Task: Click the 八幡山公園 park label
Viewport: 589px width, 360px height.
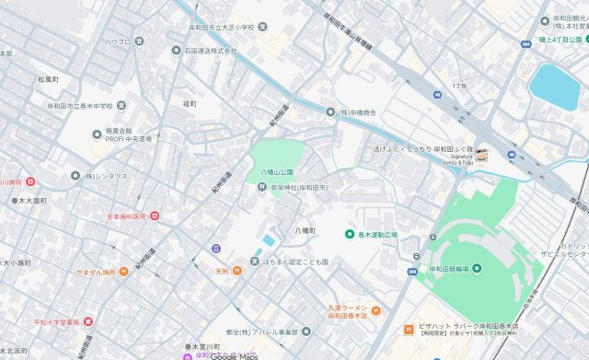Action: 275,172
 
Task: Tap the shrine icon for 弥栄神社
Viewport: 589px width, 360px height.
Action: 261,188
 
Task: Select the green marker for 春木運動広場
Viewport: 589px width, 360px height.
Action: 350,235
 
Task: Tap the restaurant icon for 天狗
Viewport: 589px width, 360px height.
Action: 237,271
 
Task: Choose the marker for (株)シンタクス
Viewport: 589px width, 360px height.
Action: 75,175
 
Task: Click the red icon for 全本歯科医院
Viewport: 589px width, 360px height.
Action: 154,216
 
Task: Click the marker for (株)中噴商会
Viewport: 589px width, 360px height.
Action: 330,111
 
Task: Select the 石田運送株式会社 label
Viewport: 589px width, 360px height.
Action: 211,52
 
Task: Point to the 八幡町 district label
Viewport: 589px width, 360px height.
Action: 305,230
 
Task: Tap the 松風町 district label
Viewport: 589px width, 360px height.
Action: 48,80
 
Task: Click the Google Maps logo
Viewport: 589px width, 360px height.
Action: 234,354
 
